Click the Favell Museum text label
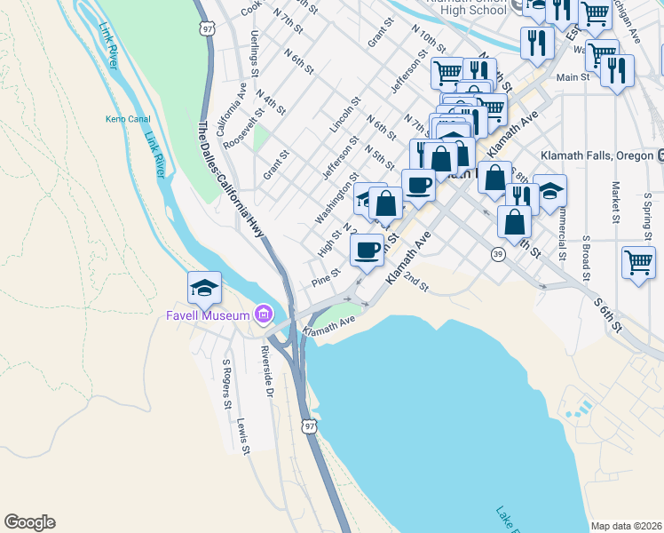click(x=208, y=314)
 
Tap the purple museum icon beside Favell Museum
click(x=263, y=314)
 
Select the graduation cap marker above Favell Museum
click(x=203, y=287)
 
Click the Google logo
click(x=29, y=522)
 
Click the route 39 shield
click(x=498, y=254)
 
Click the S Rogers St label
click(x=227, y=385)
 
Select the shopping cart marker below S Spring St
click(x=638, y=264)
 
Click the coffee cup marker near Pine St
click(x=367, y=250)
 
